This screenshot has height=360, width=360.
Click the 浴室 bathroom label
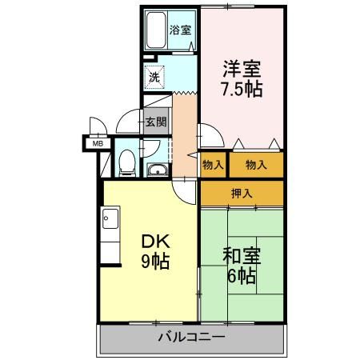point(180,30)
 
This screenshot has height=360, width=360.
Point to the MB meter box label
point(98,144)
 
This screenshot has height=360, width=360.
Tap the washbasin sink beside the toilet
point(157,169)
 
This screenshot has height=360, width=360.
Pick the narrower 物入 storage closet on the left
point(212,164)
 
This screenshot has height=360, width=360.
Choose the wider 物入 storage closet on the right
point(256,164)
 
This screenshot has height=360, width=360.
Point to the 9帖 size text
point(155,261)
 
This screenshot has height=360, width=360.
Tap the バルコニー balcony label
point(190,338)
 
